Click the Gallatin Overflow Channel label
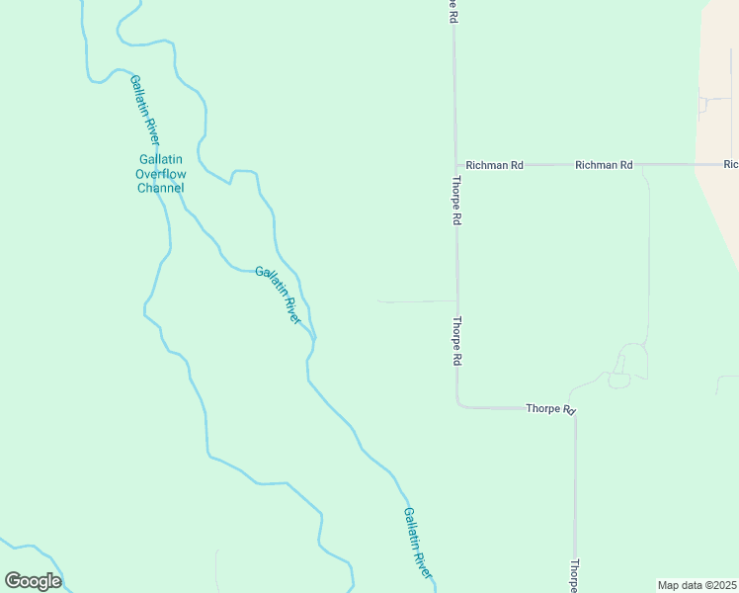point(160,173)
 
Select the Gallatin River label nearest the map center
point(278,295)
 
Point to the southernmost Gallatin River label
point(418,544)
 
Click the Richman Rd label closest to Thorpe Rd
point(494,165)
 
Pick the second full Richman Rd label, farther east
point(604,165)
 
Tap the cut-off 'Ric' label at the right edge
point(731,164)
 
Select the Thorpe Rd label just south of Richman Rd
point(457,202)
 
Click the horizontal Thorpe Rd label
point(550,408)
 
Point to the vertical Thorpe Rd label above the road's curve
point(457,342)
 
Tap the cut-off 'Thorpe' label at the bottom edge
point(573,575)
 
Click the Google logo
point(33,580)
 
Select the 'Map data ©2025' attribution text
point(697,585)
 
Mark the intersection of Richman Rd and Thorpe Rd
point(455,165)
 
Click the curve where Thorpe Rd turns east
point(459,403)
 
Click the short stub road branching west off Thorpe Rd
point(415,301)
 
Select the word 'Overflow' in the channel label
point(160,174)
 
